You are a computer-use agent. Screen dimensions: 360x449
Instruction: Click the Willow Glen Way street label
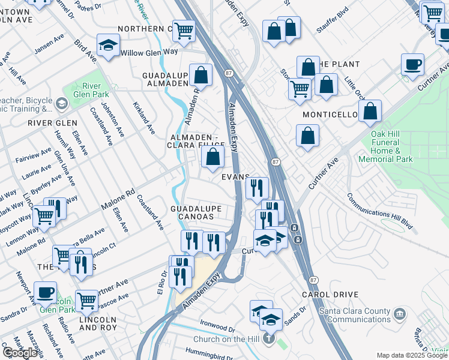(149, 52)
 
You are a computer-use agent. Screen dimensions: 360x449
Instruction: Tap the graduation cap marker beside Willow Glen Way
(109, 46)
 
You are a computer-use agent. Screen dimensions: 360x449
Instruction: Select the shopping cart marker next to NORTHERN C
(184, 30)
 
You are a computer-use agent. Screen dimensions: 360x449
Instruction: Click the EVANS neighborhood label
(235, 176)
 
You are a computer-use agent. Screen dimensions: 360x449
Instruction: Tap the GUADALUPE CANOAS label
(196, 212)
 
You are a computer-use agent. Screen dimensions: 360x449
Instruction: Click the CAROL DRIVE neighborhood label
(330, 295)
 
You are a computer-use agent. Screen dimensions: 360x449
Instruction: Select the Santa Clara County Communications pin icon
(397, 313)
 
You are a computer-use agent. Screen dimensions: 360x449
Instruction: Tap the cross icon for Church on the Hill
(269, 338)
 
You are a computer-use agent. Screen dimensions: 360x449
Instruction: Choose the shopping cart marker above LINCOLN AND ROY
(87, 300)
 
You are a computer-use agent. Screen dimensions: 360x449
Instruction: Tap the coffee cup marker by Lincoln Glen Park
(44, 292)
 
